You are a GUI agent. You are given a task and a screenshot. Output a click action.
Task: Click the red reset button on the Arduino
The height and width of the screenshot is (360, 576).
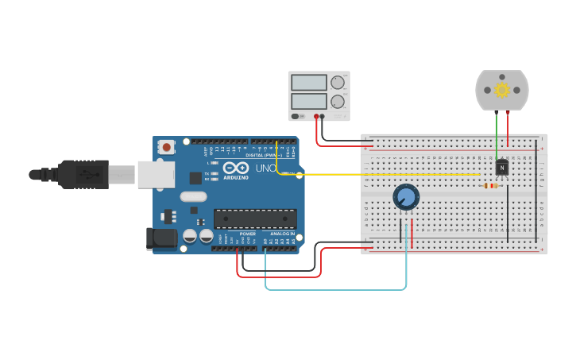(166, 146)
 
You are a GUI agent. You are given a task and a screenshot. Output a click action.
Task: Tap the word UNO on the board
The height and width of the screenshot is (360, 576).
(265, 168)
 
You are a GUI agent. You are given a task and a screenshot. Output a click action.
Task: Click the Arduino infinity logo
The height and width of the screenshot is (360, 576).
(235, 168)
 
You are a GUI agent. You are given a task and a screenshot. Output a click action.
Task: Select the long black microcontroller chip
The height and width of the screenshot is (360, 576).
(255, 219)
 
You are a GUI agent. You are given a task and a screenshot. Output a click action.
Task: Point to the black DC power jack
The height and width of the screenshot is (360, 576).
(161, 238)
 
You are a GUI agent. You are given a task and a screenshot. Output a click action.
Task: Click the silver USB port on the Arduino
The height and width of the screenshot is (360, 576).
(156, 174)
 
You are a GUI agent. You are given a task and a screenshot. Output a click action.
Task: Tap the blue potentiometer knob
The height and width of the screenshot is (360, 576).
(406, 196)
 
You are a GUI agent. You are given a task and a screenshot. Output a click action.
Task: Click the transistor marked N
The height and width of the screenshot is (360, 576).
(501, 168)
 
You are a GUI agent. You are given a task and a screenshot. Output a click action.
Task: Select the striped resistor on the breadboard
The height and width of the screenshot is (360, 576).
(490, 186)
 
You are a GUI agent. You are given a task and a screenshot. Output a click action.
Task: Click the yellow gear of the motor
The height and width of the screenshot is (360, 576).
(501, 90)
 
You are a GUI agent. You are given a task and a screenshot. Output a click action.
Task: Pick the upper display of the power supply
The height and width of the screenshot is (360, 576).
(309, 83)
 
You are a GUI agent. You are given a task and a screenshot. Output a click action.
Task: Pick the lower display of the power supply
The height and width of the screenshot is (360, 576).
(309, 102)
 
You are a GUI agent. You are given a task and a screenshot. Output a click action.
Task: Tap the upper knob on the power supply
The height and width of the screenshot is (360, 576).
(338, 82)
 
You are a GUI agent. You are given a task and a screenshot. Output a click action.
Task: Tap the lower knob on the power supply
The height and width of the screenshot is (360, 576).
(338, 102)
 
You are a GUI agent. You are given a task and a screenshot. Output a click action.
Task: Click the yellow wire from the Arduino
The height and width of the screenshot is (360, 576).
(381, 174)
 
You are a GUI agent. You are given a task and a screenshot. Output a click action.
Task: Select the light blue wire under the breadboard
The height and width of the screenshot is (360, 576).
(334, 289)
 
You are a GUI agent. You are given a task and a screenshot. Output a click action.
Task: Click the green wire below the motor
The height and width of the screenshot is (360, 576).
(497, 135)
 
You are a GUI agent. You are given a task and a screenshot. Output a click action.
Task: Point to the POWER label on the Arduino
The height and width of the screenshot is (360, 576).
(248, 234)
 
